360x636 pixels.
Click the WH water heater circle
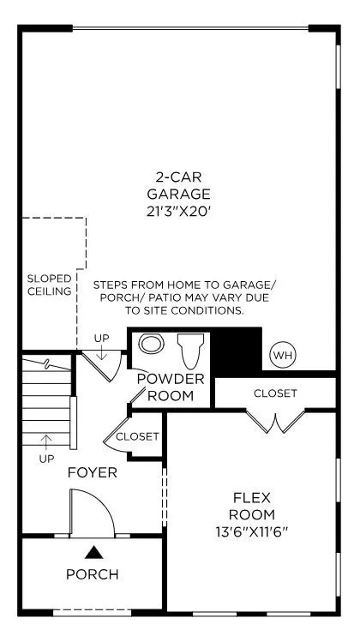pos(283,356)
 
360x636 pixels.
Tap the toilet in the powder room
pos(190,351)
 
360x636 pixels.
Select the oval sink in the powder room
pos(151,344)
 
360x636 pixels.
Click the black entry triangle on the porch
pos(93,552)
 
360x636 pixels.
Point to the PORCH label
pos(93,574)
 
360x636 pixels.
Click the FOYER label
pos(93,472)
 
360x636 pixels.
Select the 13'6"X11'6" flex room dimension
pos(251,531)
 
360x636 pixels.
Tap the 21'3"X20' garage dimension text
pos(179,212)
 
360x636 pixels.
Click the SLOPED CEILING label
pos(49,285)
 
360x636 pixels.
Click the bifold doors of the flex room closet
pos(275,422)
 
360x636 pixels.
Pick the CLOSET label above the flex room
pos(275,393)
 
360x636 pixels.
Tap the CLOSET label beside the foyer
pos(137,436)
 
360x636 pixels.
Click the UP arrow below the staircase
pos(46,442)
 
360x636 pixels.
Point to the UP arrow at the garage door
pos(101,351)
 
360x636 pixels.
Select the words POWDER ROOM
pos(171,387)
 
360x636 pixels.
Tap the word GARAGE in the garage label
pos(179,194)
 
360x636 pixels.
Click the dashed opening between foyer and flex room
pos(165,497)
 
